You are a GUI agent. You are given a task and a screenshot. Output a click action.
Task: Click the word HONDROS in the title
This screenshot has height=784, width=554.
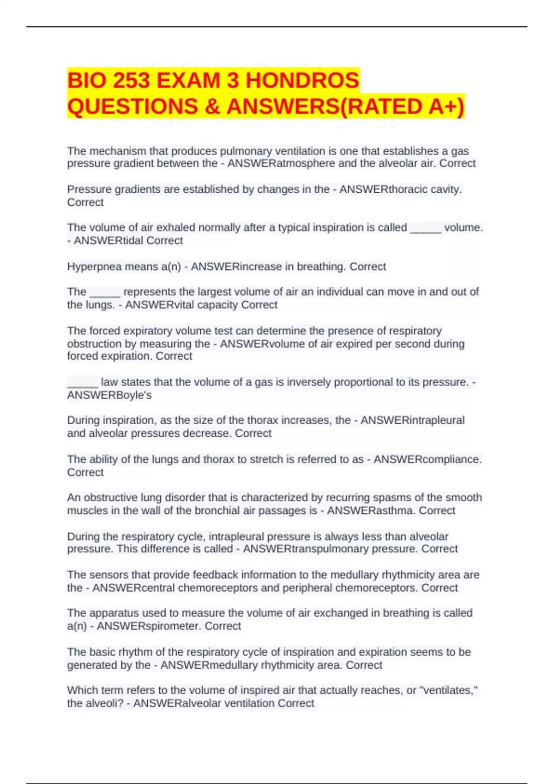click(302, 80)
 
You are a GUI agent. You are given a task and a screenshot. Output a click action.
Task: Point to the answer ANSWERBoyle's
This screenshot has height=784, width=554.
click(109, 395)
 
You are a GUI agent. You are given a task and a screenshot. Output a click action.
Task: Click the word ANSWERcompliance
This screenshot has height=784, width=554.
click(428, 459)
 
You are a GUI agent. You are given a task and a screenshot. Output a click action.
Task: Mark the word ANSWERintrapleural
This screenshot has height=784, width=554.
click(412, 420)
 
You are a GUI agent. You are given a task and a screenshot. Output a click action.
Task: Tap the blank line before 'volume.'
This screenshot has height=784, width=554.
click(426, 229)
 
